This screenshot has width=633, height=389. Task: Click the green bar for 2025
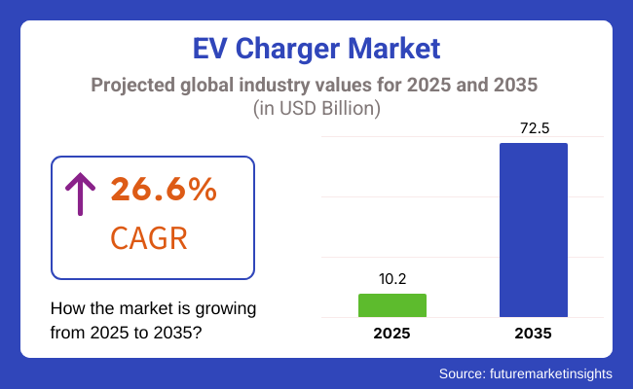point(391,305)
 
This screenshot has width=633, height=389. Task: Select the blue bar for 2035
point(533,230)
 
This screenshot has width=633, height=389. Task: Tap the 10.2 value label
point(391,278)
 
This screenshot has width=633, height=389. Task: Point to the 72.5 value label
point(533,127)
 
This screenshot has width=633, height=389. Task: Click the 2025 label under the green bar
point(391,333)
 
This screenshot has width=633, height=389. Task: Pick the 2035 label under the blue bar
point(533,333)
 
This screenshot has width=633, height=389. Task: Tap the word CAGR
point(148,237)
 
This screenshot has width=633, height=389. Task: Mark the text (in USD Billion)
point(316,108)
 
